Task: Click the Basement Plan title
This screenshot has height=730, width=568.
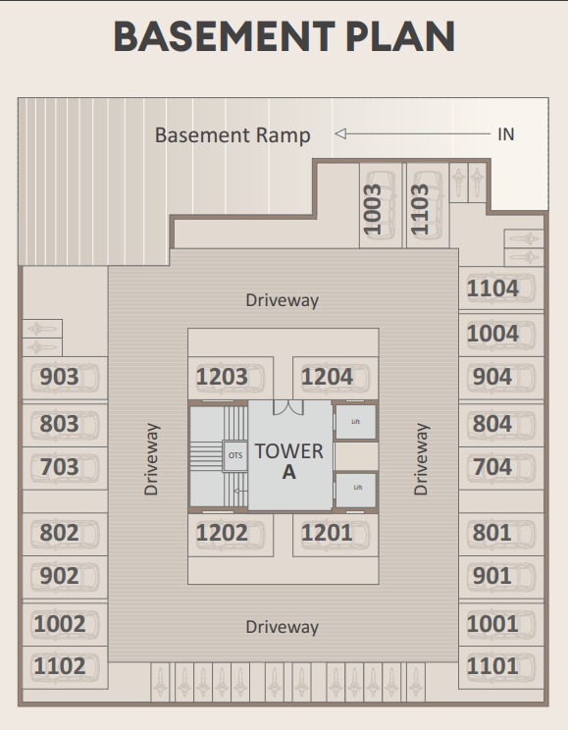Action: coord(284,36)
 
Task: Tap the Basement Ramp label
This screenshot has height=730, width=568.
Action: coord(232,135)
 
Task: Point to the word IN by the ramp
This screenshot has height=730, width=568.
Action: coord(506,134)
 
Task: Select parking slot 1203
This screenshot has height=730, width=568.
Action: coord(222,377)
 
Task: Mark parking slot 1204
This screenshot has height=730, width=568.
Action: coord(327,377)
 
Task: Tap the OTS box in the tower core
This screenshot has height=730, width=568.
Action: coord(235,455)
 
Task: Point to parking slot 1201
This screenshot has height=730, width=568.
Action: coord(327,533)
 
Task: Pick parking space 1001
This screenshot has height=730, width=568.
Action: coord(492,624)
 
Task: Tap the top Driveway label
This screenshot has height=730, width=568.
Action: coord(283,300)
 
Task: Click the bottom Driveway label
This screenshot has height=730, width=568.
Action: coord(283,627)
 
